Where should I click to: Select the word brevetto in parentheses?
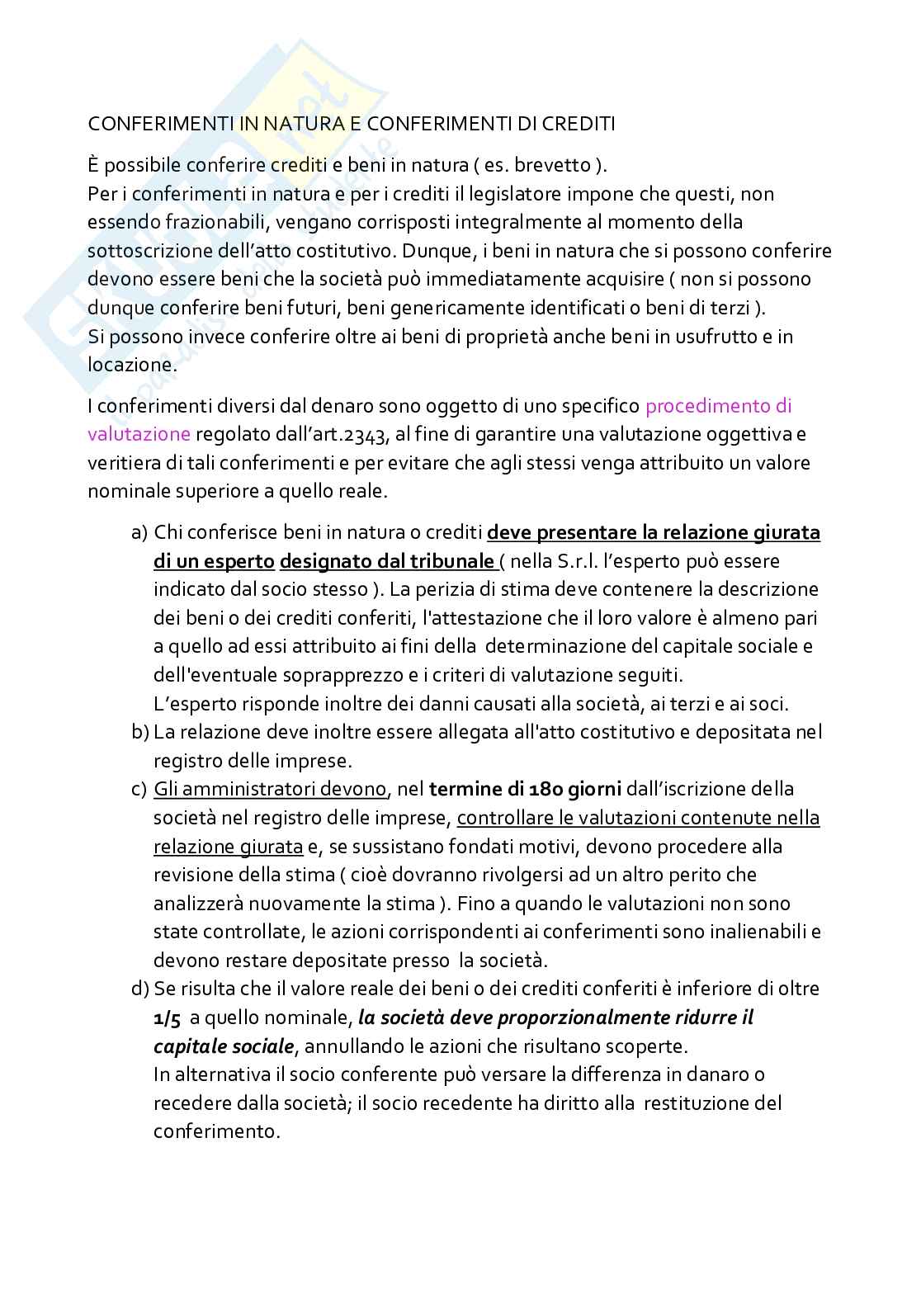click(x=553, y=165)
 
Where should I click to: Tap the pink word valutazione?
click(x=139, y=434)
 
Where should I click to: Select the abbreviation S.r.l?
click(x=567, y=561)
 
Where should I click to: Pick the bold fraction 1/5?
click(x=167, y=1017)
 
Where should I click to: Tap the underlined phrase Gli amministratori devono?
click(x=270, y=789)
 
